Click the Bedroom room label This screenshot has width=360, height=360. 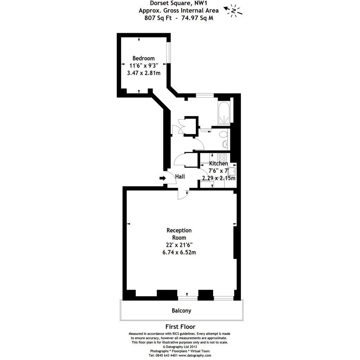(143, 58)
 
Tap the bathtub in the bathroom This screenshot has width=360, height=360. (224, 114)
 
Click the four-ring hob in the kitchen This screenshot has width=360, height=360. (222, 157)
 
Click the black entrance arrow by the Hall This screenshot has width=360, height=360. (162, 178)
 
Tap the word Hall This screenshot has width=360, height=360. (180, 177)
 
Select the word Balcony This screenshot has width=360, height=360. (181, 310)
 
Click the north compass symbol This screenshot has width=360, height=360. (233, 11)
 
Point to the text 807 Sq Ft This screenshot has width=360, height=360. (158, 18)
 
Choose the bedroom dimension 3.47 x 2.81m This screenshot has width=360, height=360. (143, 73)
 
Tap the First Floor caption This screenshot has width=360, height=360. (180, 327)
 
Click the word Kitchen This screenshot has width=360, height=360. (218, 164)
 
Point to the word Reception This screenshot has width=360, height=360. (179, 231)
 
